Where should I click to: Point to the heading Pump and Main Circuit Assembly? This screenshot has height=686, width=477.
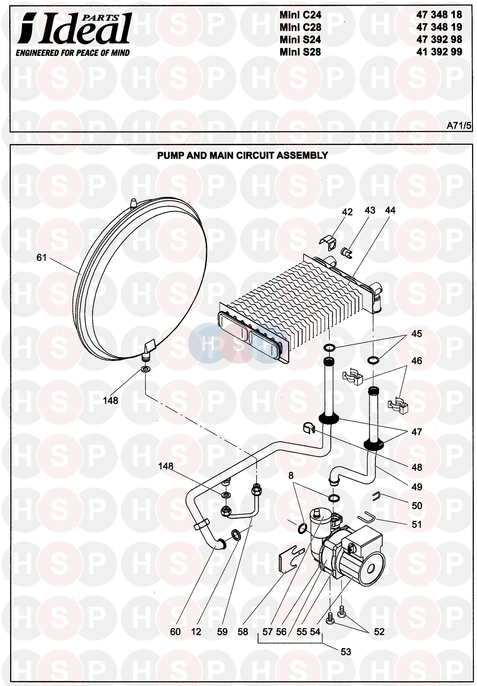click(x=242, y=155)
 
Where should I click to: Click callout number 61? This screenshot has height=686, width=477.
click(x=42, y=257)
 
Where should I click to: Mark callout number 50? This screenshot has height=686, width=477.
click(x=417, y=506)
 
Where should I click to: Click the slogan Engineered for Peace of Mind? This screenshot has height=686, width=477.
click(x=73, y=53)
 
